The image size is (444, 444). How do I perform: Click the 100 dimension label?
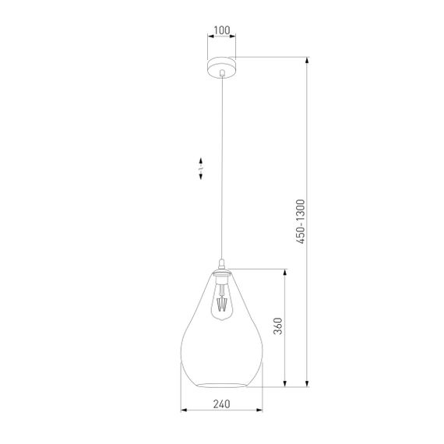[222, 31]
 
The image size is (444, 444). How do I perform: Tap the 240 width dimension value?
[222, 403]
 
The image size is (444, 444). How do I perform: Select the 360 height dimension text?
[278, 327]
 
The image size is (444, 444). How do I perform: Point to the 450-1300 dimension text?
[301, 221]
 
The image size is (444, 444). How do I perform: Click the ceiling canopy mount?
[222, 65]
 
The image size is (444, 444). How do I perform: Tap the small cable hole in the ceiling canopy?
[222, 72]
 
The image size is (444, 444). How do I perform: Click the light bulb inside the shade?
[223, 300]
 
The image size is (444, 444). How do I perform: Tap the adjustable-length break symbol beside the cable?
[201, 167]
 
